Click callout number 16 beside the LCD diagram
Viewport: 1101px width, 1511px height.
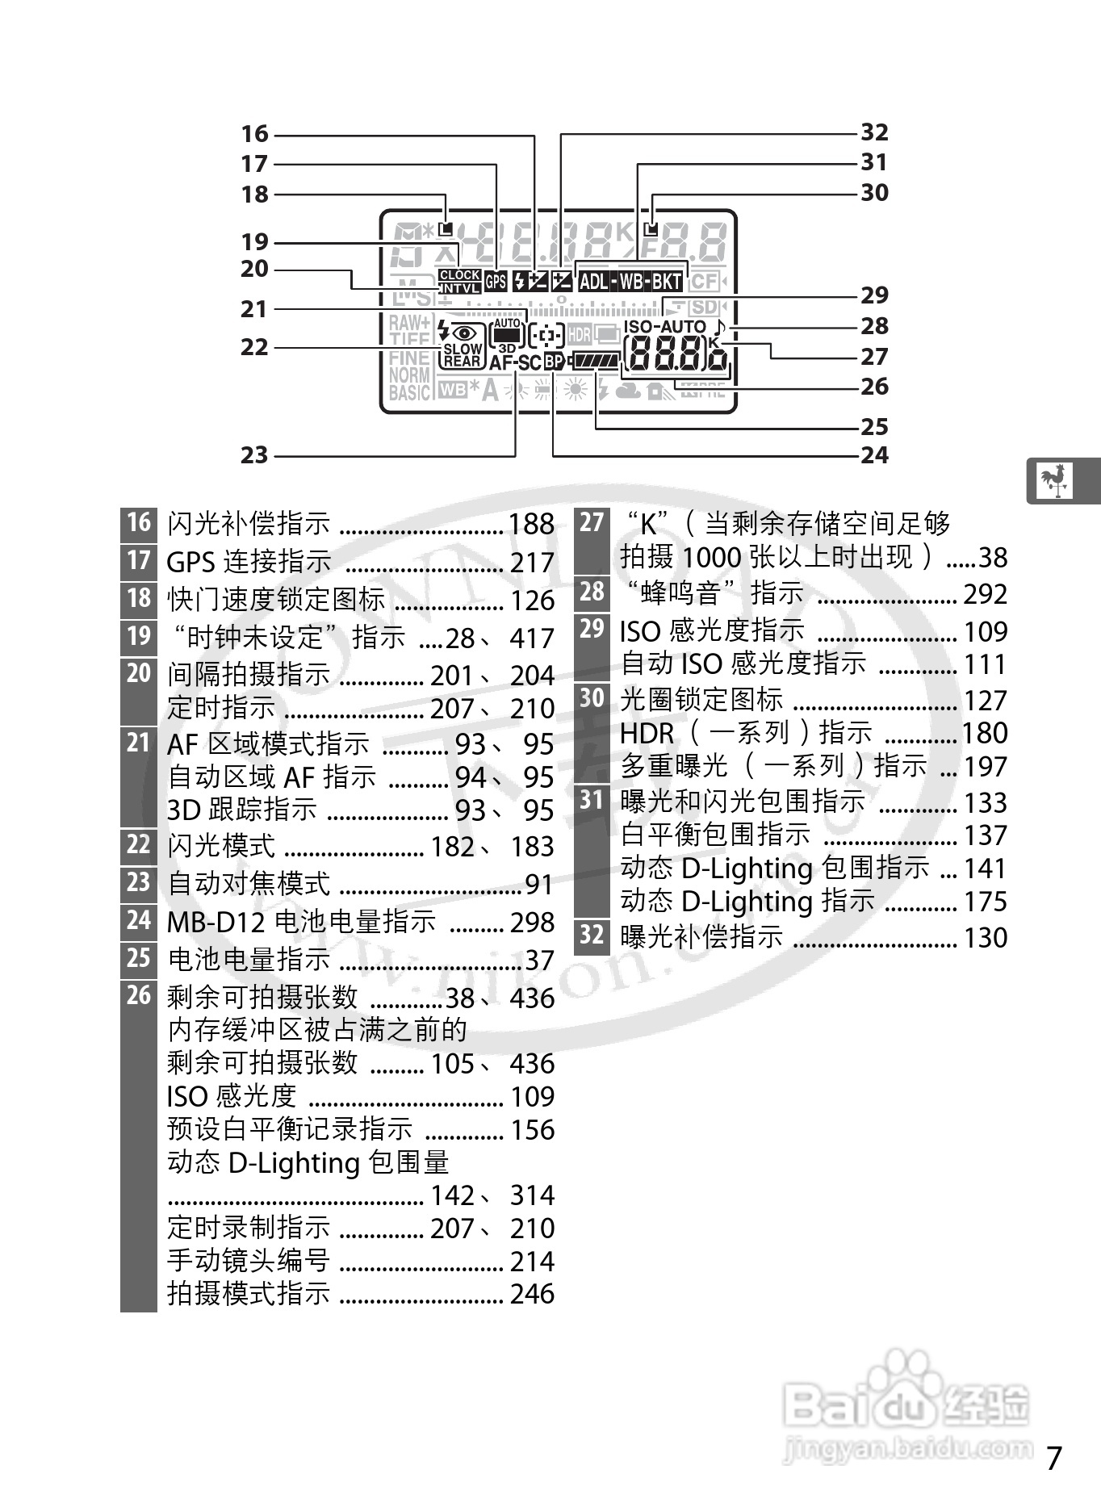pos(254,134)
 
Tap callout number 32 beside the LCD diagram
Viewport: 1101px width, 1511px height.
pos(874,132)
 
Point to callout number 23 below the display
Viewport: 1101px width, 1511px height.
pos(254,455)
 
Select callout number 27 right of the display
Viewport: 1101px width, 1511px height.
pos(874,357)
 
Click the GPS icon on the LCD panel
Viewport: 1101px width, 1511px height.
pos(496,282)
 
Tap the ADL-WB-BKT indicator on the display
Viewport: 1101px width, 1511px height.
pos(630,282)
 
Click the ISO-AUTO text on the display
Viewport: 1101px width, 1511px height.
pos(664,327)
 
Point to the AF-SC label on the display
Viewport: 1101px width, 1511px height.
pos(515,363)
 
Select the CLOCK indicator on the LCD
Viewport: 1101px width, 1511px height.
pos(460,275)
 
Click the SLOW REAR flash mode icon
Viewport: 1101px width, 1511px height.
pos(463,355)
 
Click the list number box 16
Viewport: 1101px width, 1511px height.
pos(139,523)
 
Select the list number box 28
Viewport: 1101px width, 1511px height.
pos(592,592)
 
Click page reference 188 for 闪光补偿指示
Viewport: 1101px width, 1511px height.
pos(531,525)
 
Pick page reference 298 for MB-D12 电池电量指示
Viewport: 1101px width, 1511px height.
pos(531,923)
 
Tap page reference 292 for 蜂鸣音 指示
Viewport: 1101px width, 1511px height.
pos(985,595)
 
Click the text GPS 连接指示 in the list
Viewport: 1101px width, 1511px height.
pos(249,562)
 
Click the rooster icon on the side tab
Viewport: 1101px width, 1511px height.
pos(1053,481)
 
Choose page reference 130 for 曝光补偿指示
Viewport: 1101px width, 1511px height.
pos(985,938)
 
